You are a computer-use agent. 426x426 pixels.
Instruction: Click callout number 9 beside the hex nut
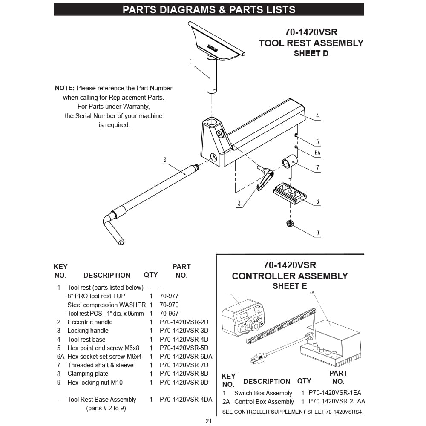point(317,233)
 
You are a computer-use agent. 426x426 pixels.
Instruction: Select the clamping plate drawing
point(290,193)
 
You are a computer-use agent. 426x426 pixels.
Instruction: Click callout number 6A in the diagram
point(317,153)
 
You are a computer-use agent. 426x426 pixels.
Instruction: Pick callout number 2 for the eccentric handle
point(164,160)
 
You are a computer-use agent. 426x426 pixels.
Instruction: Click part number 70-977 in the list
point(169,296)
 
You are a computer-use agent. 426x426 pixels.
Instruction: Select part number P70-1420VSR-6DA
point(186,357)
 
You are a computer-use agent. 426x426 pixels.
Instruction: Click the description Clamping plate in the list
point(88,374)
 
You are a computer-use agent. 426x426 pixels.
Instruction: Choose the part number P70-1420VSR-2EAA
point(337,401)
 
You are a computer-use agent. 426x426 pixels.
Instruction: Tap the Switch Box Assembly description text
point(263,393)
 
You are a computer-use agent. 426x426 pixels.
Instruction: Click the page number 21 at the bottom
point(209,421)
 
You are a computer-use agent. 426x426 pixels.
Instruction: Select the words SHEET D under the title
point(311,53)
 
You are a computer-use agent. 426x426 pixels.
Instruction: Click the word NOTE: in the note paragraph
point(65,88)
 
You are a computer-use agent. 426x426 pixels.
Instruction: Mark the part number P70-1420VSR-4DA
point(186,400)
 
